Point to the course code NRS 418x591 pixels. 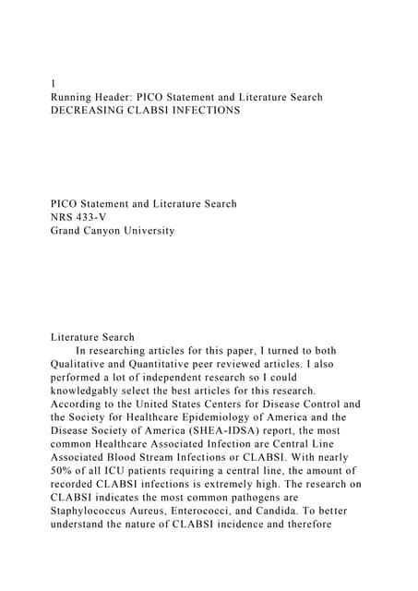(x=64, y=217)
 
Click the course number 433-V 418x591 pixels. (x=99, y=217)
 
